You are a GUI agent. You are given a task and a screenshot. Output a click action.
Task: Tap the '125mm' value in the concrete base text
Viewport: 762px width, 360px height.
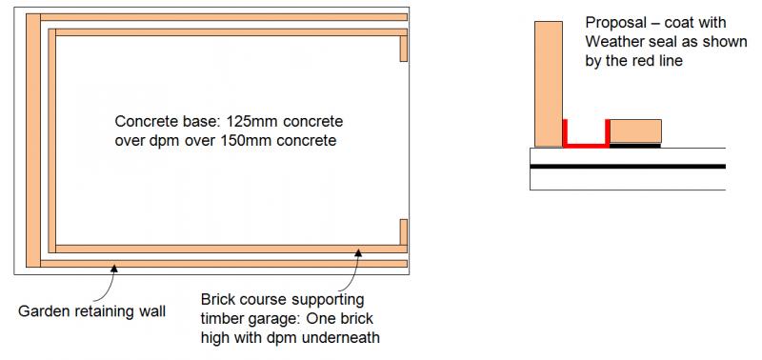coord(251,121)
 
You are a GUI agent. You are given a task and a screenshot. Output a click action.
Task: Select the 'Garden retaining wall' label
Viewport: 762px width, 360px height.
coord(91,311)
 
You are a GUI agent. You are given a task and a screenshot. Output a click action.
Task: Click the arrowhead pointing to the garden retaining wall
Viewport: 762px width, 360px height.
coord(114,267)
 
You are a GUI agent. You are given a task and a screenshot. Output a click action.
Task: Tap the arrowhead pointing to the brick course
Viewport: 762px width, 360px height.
coord(359,251)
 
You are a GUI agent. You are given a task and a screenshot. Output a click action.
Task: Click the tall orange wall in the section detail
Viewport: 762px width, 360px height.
coord(549,84)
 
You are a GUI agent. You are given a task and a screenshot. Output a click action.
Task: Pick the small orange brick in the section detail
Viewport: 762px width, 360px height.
coord(635,131)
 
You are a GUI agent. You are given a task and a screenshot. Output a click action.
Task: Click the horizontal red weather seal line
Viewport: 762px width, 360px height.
coord(586,145)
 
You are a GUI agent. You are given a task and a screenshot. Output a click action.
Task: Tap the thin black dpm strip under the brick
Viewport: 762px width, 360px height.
coord(635,145)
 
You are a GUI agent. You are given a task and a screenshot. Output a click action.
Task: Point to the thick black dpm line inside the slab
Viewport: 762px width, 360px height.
coord(628,166)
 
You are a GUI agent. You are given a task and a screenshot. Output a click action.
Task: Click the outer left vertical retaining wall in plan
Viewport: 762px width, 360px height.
coord(33,140)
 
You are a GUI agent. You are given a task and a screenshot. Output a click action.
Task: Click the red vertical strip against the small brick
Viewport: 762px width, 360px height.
coord(608,132)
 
